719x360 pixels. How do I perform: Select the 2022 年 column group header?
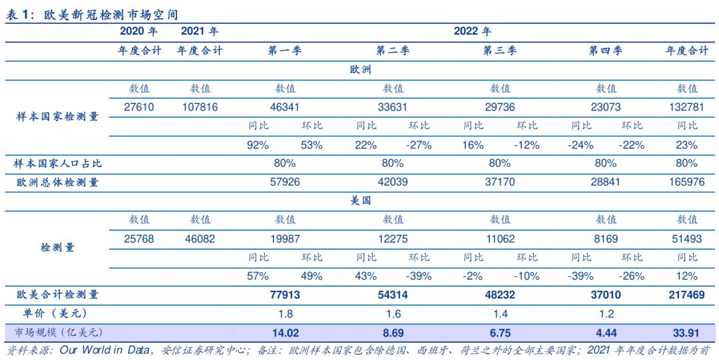tap(472, 31)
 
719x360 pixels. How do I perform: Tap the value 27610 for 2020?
tap(139, 107)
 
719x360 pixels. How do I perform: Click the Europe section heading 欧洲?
tap(360, 69)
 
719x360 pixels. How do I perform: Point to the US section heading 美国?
tap(360, 200)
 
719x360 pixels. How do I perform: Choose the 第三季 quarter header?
tap(500, 51)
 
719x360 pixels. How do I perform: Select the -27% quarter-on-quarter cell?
tap(419, 144)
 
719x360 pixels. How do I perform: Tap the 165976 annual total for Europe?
tap(687, 182)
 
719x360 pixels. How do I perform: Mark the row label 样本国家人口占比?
tap(59, 164)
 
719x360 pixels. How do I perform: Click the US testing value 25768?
tap(139, 238)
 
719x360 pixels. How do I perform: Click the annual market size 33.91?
tap(687, 332)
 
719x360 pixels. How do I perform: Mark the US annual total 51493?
tap(687, 238)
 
